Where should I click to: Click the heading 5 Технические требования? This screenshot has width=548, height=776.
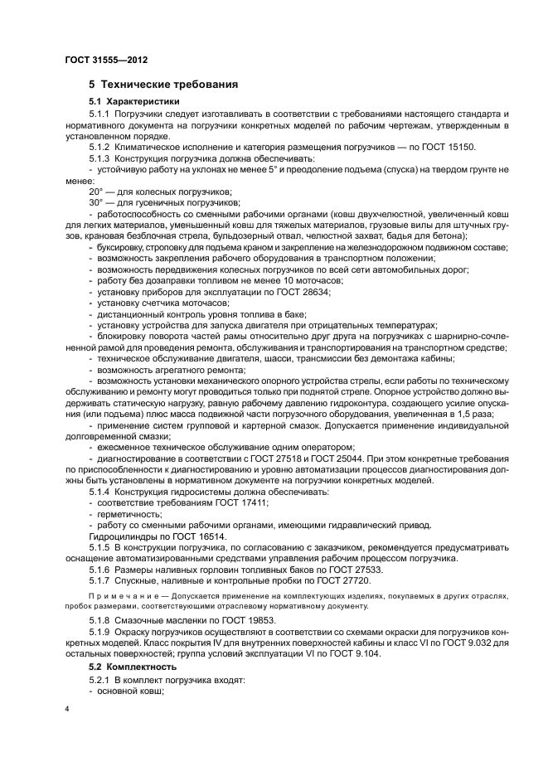point(164,85)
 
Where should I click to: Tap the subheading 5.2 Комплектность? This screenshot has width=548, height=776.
point(133,667)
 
